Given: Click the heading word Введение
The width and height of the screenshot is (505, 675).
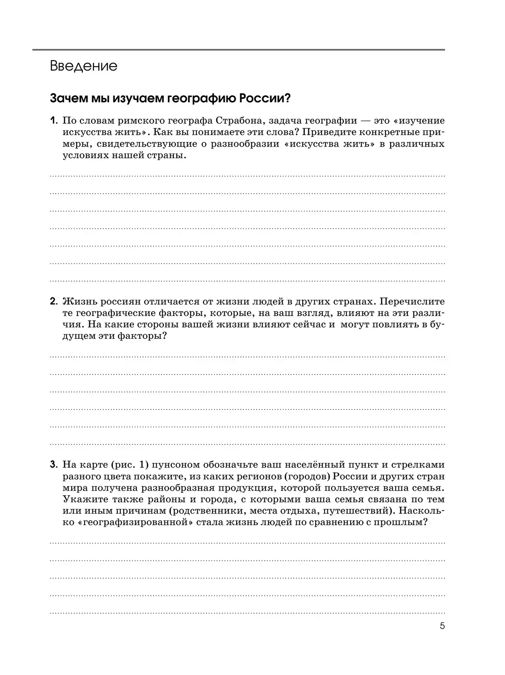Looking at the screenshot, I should [83, 66].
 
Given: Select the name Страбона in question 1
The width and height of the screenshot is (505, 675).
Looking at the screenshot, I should [239, 121].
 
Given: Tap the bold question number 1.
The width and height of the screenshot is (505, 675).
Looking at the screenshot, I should [53, 121].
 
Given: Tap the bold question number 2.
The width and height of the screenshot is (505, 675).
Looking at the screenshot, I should [53, 301].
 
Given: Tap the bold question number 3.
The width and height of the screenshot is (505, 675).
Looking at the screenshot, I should [53, 465].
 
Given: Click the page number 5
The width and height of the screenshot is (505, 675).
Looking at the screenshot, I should [442, 626].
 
